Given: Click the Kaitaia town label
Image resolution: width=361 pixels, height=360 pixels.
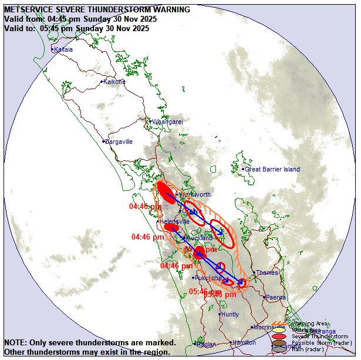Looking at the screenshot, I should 63,50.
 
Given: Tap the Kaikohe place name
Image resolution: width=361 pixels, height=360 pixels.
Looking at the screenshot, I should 114,82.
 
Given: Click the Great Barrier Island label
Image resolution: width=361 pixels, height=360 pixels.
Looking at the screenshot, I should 272,169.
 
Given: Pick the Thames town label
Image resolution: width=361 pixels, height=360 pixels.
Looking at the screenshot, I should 266,272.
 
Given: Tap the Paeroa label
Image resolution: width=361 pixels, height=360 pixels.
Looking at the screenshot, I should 276,297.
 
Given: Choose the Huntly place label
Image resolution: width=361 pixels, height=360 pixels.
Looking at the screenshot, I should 230,314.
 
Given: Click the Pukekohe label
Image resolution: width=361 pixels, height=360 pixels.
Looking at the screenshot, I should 208,278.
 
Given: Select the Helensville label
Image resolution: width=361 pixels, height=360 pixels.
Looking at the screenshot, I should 174,221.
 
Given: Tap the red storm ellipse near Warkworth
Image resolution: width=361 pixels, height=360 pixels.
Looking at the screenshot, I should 166,193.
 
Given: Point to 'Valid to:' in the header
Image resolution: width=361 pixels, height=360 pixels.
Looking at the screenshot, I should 21,28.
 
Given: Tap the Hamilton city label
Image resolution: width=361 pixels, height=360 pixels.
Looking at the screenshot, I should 244,342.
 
